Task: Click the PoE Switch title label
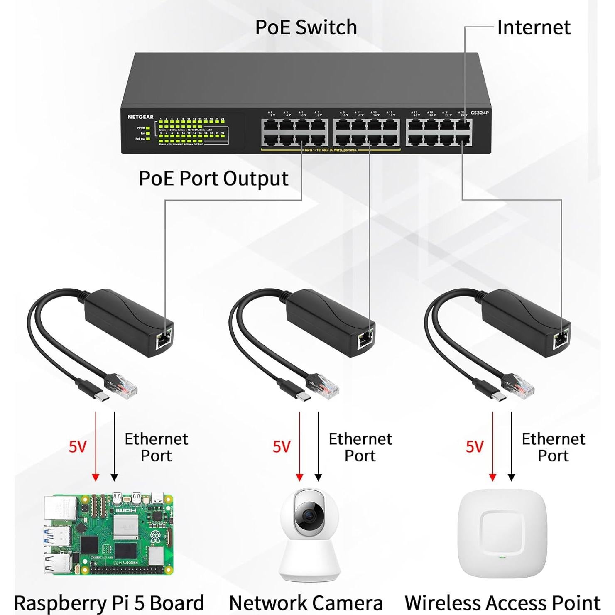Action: click(306, 27)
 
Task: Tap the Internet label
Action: click(533, 27)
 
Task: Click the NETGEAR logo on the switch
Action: click(140, 117)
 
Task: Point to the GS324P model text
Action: click(480, 113)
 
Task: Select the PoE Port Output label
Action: click(213, 179)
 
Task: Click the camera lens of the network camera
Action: click(309, 515)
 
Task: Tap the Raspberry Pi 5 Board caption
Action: click(109, 603)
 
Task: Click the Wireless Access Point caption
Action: click(502, 603)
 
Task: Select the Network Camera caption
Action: click(306, 603)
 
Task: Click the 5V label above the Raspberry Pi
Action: click(78, 447)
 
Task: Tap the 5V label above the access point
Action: click(474, 447)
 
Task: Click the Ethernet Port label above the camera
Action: click(360, 447)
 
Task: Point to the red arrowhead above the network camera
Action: click(299, 477)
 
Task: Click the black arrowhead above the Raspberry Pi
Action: click(114, 477)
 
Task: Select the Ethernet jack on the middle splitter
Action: click(365, 339)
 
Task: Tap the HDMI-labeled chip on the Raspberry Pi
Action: click(125, 510)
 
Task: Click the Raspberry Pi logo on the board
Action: click(155, 536)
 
